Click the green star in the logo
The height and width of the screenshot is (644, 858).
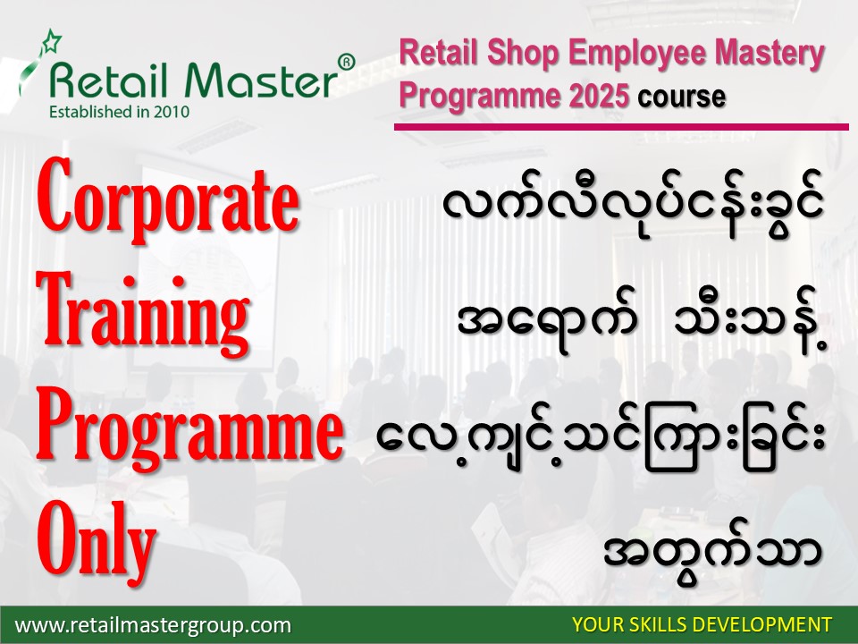coord(52,41)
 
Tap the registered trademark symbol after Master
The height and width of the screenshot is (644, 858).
coord(346,63)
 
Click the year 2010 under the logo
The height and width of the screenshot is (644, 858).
coord(172,112)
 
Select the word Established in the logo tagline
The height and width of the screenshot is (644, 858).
coord(88,112)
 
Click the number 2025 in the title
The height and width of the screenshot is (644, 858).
coord(599,96)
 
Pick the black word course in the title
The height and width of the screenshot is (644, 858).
coord(681,97)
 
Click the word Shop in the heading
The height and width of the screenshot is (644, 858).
coord(522,55)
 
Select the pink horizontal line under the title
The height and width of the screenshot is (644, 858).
coord(621,127)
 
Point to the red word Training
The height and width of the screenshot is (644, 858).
coord(143,313)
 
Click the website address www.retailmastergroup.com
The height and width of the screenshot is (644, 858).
coord(153,625)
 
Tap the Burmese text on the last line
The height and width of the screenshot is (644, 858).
coord(713,552)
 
